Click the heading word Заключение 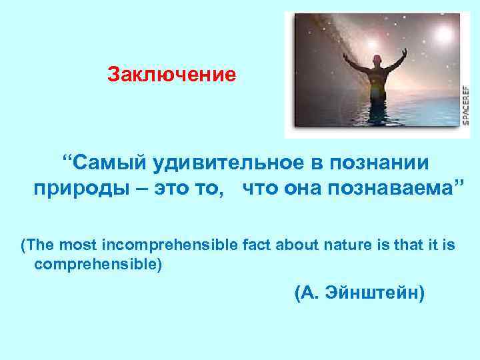(x=172, y=74)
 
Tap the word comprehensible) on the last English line (x=97, y=264)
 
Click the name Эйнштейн (x=377, y=293)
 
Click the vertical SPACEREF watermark (x=464, y=103)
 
